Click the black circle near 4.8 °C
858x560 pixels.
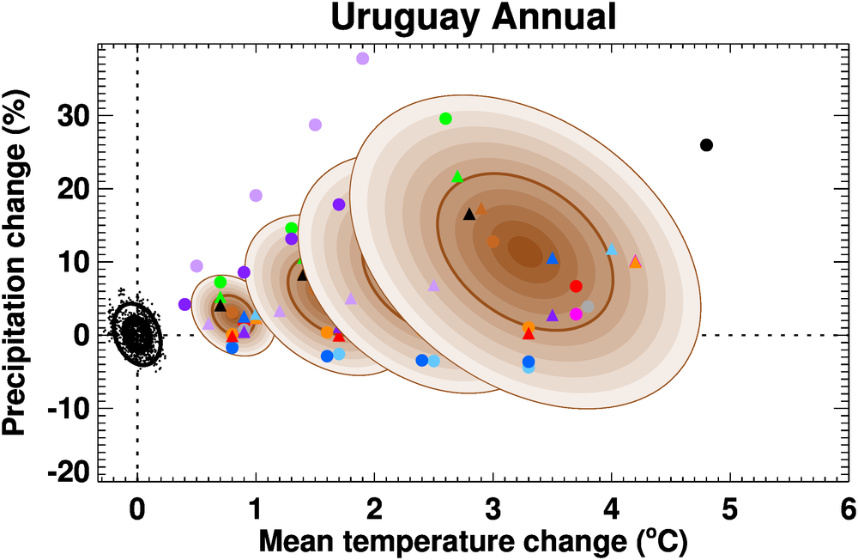click(706, 145)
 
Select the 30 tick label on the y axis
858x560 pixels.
click(76, 116)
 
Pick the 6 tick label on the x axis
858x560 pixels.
click(849, 510)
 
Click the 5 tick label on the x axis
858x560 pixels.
click(730, 510)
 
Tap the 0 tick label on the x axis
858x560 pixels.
click(137, 510)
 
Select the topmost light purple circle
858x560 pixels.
click(362, 58)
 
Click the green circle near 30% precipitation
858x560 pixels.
click(445, 119)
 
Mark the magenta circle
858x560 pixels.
click(576, 314)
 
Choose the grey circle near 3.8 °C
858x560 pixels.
click(588, 307)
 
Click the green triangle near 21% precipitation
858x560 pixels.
click(457, 177)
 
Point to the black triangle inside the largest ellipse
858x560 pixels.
click(469, 214)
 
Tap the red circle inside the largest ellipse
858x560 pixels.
click(576, 286)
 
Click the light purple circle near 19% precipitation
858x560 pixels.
click(256, 196)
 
